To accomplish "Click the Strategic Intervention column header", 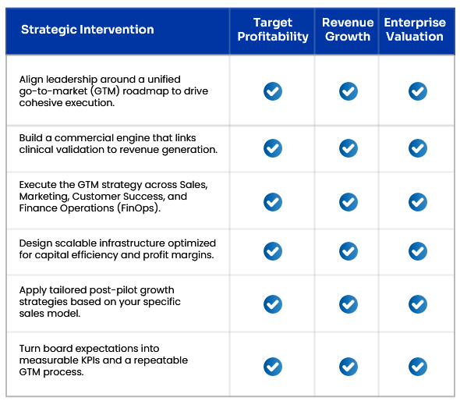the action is click(x=87, y=30).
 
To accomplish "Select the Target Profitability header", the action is click(x=273, y=30).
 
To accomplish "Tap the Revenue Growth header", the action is click(x=348, y=30).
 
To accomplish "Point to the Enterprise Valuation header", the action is click(x=415, y=30).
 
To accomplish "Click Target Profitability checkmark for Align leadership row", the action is click(x=273, y=91).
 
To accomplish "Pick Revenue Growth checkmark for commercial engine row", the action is click(x=349, y=148).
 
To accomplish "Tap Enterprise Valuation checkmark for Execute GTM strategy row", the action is click(x=418, y=202).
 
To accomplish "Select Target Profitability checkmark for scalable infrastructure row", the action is click(x=273, y=251).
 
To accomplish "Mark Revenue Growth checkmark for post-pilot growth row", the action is click(x=349, y=304).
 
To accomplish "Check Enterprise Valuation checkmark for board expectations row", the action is click(x=418, y=367).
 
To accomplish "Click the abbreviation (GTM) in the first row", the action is click(x=105, y=91).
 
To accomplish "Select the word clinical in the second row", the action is click(x=37, y=150).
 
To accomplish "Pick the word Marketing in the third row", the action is click(x=44, y=197).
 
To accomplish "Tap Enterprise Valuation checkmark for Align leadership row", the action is click(x=418, y=91).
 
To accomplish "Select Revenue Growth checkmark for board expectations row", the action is click(x=349, y=367).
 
